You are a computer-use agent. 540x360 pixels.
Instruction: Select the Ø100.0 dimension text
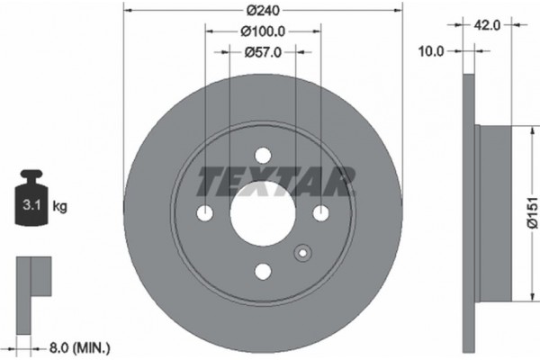tap(262, 32)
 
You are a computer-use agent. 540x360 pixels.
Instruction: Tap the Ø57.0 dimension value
tap(262, 52)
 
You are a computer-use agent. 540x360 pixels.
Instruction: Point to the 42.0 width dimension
tap(487, 26)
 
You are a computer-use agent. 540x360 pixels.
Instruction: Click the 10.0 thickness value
tap(433, 51)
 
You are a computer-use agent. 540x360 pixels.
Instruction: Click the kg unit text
tap(60, 206)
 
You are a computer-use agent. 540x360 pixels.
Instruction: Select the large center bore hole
tap(262, 213)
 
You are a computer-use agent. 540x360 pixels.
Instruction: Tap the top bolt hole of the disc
tap(262, 156)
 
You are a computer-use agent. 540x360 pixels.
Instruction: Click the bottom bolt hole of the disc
tap(262, 271)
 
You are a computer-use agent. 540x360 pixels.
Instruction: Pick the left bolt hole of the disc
tap(205, 213)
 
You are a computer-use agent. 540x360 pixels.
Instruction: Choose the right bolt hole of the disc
tap(319, 213)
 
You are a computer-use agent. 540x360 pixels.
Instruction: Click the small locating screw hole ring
tap(302, 254)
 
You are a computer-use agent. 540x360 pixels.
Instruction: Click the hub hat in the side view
tap(495, 213)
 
